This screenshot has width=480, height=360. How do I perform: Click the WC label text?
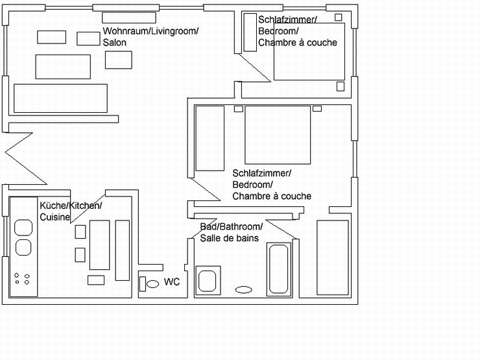[172, 282]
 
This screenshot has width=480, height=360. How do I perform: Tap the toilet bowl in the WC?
[152, 284]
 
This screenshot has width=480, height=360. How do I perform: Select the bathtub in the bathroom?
[279, 269]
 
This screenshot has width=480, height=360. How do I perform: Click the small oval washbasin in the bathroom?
[244, 289]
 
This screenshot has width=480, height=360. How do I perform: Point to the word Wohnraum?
[126, 31]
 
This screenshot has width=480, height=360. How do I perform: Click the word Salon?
[115, 43]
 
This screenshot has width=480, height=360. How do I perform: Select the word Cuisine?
[54, 217]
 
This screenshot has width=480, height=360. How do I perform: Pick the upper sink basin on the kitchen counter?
[23, 228]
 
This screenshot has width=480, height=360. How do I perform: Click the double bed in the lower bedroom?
[278, 135]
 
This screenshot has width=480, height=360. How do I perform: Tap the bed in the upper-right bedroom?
[309, 51]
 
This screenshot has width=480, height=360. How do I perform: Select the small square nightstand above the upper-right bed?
[338, 18]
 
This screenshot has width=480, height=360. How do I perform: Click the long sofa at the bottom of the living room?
[60, 98]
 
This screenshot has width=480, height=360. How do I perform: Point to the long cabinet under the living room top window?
[129, 18]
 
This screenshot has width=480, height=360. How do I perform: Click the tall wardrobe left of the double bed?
[210, 138]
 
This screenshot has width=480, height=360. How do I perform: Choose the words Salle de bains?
[229, 238]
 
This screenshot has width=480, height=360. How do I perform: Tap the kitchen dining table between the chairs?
[99, 245]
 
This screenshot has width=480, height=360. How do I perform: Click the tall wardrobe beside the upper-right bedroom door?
[250, 32]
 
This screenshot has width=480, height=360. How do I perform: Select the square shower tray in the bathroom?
[208, 280]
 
